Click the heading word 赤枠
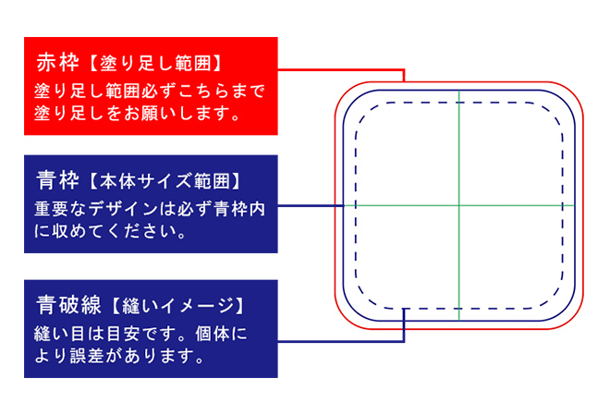tap(55, 63)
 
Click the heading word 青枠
tap(55, 177)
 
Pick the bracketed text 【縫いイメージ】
tap(177, 305)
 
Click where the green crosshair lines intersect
tap(458, 205)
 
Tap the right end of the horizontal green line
tap(573, 205)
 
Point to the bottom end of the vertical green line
tap(458, 320)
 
